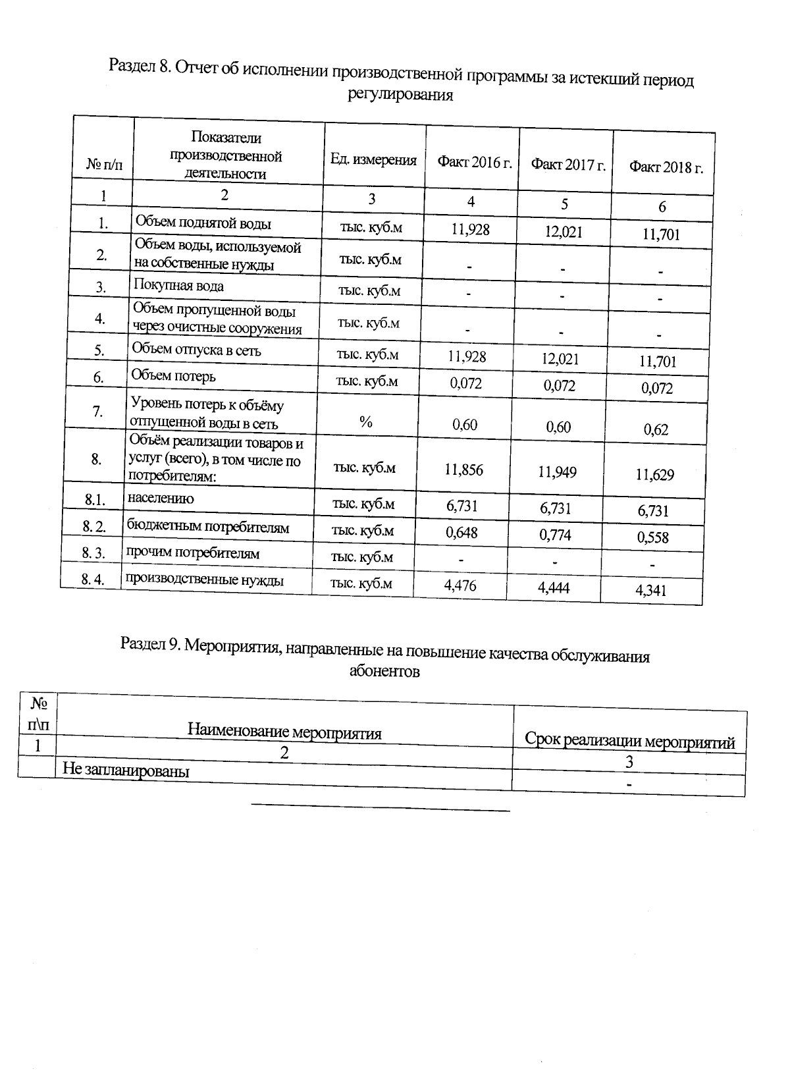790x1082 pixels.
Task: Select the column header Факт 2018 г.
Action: pos(666,167)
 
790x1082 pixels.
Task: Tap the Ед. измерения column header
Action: pos(373,159)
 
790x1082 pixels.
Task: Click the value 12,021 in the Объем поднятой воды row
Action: pos(564,232)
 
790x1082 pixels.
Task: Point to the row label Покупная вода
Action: pos(178,286)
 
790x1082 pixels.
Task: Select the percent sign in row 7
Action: pos(367,422)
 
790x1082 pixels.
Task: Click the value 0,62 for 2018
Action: pos(656,430)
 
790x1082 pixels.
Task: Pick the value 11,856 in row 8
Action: pos(463,470)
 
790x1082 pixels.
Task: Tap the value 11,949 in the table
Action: pos(558,472)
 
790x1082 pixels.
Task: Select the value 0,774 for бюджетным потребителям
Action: pos(555,535)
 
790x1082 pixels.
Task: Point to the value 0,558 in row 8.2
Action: pos(652,537)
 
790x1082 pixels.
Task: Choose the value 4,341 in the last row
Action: pos(650,590)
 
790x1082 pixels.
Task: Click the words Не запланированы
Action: pos(126,770)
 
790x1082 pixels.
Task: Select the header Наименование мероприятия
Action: pos(284,731)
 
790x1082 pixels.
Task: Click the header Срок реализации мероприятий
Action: pos(629,741)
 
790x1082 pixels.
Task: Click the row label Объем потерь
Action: pos(173,376)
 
